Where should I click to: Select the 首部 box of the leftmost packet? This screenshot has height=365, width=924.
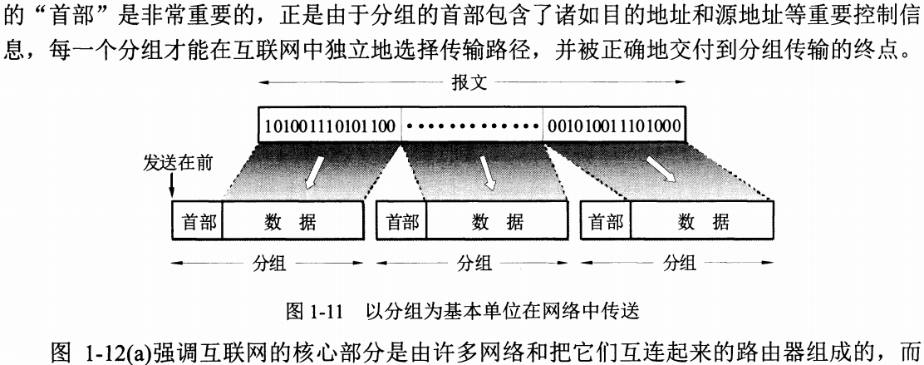(x=198, y=222)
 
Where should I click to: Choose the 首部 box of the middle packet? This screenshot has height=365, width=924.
(x=402, y=222)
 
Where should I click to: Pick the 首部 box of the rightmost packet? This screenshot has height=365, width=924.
(x=606, y=222)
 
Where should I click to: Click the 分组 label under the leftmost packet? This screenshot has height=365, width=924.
(x=269, y=264)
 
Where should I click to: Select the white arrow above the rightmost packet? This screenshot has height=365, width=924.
(x=662, y=171)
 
